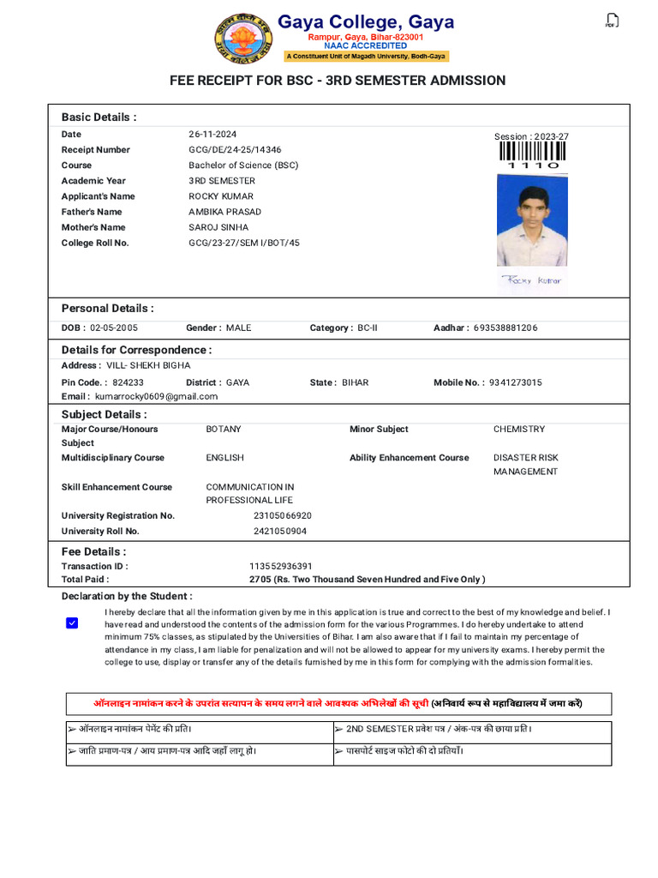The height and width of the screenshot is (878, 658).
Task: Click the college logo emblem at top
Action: pyautogui.click(x=244, y=39)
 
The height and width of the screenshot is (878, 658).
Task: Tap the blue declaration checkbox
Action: pyautogui.click(x=72, y=623)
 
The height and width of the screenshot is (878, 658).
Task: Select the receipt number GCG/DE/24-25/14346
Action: pyautogui.click(x=235, y=150)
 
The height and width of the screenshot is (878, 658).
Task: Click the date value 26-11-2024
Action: pyautogui.click(x=212, y=135)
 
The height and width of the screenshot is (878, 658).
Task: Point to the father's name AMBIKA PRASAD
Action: pyautogui.click(x=224, y=212)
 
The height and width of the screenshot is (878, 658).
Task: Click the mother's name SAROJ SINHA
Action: pyautogui.click(x=218, y=227)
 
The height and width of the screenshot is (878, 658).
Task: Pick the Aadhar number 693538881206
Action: pyautogui.click(x=505, y=328)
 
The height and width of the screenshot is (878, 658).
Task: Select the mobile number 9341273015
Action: pyautogui.click(x=515, y=382)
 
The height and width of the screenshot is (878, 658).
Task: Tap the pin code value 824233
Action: pyautogui.click(x=128, y=382)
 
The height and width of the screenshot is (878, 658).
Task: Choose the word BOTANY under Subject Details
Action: pyautogui.click(x=224, y=429)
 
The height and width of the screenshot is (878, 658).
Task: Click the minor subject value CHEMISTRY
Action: pyautogui.click(x=518, y=429)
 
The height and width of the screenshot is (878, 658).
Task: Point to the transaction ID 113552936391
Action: pyautogui.click(x=281, y=566)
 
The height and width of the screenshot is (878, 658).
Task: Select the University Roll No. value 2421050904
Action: pyautogui.click(x=280, y=532)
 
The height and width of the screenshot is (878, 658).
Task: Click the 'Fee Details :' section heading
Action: pyautogui.click(x=93, y=551)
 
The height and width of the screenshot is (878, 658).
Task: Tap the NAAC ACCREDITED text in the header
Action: pyautogui.click(x=366, y=46)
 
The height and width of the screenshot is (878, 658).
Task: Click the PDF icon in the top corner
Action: pyautogui.click(x=611, y=21)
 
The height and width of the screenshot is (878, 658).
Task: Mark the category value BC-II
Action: pyautogui.click(x=367, y=328)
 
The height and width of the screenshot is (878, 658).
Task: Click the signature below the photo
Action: pyautogui.click(x=532, y=280)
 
